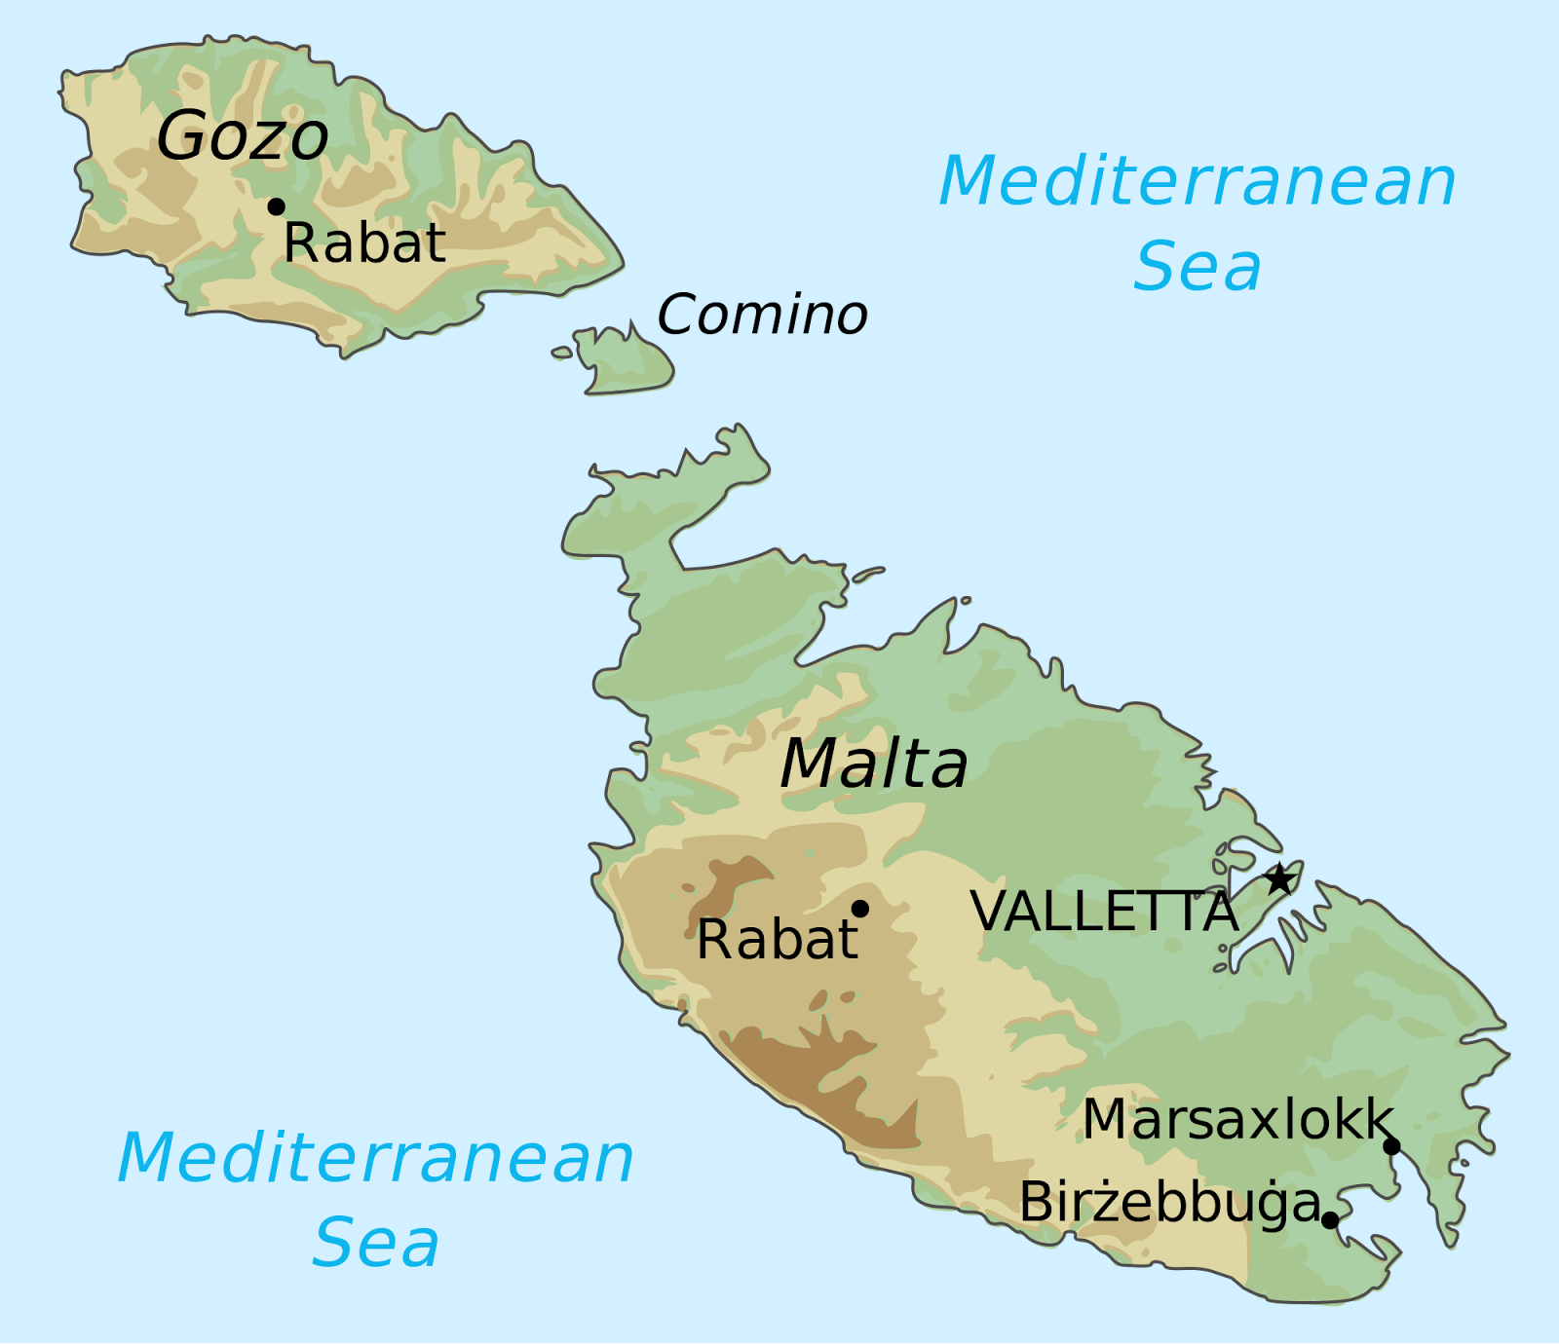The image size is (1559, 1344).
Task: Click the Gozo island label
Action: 243,136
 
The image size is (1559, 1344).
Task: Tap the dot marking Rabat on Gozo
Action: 277,206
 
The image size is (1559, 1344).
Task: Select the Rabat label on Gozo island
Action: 364,243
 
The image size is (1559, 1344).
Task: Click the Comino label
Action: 762,316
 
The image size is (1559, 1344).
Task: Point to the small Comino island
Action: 625,364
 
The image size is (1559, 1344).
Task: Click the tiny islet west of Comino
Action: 562,353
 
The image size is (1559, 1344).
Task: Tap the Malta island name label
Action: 874,764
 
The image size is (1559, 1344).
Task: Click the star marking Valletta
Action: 1279,879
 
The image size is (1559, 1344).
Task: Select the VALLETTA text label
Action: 1104,913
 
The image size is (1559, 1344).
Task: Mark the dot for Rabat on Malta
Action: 860,909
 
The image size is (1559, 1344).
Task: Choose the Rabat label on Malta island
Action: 777,941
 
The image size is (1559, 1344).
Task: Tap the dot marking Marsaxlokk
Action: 1392,1146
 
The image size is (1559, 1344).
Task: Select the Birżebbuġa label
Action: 1169,1203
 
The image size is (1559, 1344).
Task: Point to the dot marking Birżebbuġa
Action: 1330,1220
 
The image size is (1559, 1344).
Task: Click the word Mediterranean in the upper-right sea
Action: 1198,182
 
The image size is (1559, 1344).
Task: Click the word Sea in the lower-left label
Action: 376,1244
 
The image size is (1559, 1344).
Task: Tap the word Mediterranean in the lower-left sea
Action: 376,1158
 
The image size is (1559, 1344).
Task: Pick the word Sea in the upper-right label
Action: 1198,267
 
